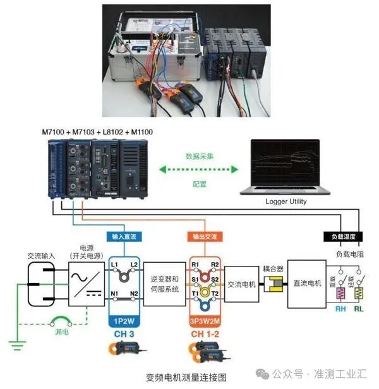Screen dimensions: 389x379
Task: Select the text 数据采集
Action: pyautogui.click(x=198, y=155)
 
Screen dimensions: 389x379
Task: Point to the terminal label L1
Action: pyautogui.click(x=114, y=263)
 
